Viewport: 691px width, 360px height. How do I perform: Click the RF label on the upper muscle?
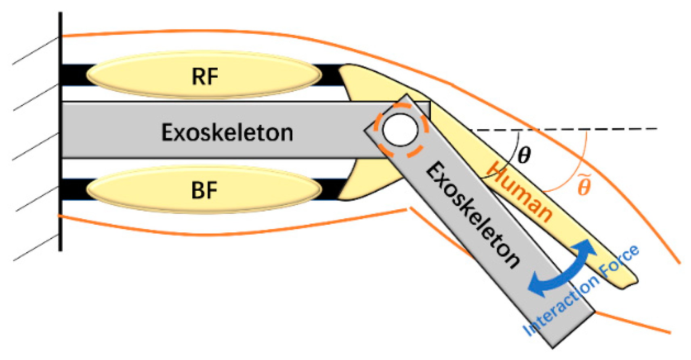[205, 76]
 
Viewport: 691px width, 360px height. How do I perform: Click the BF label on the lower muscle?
[204, 190]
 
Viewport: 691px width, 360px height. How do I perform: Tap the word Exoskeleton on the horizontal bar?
[227, 132]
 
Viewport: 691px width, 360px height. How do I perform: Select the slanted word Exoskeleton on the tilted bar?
[472, 215]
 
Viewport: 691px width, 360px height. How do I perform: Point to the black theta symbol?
[524, 155]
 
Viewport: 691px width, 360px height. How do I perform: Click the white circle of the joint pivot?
[400, 130]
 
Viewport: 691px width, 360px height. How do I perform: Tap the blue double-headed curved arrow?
[561, 269]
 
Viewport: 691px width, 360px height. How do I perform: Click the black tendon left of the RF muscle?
[73, 75]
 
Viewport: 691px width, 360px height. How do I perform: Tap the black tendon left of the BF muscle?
[73, 189]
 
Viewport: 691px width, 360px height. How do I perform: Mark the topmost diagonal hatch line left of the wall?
[36, 51]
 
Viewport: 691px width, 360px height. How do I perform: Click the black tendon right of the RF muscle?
[331, 75]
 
